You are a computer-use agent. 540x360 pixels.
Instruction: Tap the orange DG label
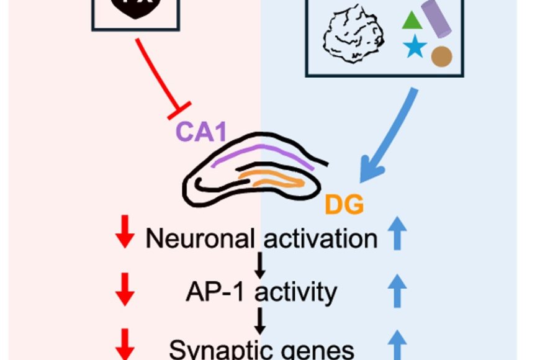click(x=344, y=204)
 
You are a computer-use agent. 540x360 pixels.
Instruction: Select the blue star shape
click(x=413, y=47)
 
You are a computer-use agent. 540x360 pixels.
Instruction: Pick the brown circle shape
click(x=441, y=56)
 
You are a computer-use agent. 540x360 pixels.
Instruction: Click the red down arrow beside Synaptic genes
click(x=126, y=343)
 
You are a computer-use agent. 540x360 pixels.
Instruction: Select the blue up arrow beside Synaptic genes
click(x=398, y=343)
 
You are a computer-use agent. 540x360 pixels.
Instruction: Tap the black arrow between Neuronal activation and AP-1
click(x=261, y=265)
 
